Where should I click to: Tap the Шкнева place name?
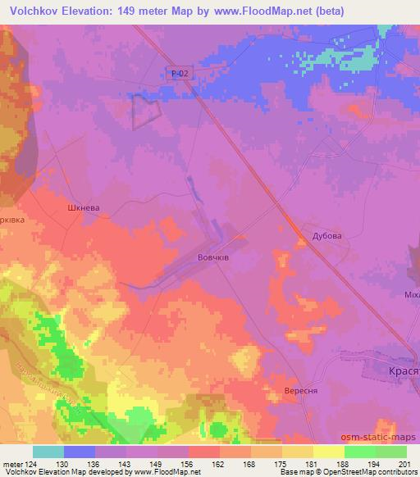83,209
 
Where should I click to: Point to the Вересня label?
300,391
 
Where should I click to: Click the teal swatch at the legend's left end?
48,452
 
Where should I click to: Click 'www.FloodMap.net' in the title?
258,11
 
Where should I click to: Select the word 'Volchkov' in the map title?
38,11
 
